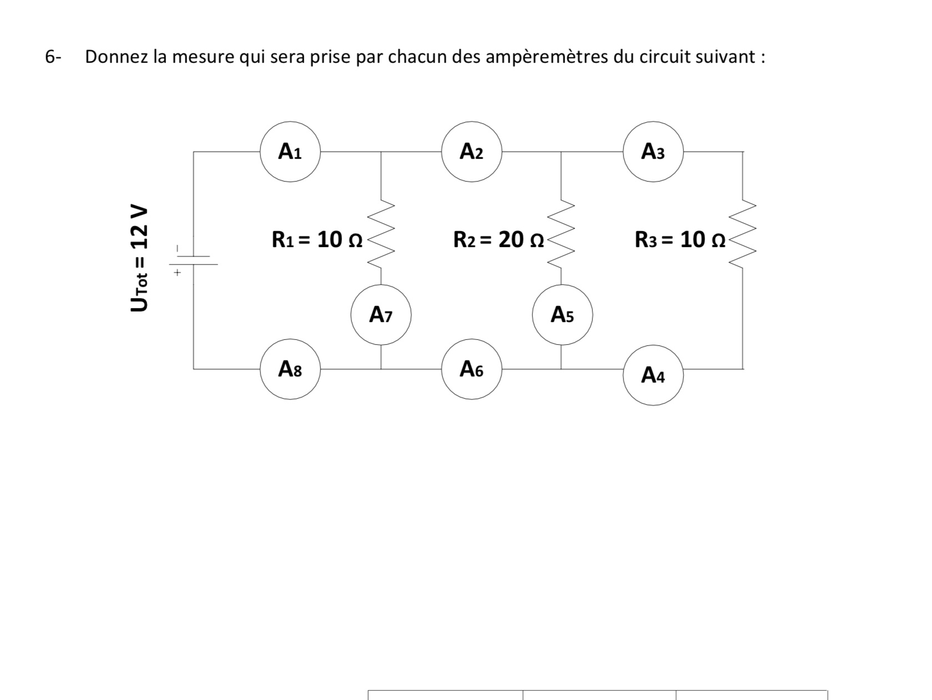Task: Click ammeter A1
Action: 290,152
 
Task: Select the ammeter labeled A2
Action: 471,152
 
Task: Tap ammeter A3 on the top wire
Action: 653,152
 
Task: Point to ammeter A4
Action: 653,375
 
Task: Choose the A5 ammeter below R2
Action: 562,315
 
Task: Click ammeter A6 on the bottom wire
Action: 471,369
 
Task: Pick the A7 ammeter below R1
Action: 381,315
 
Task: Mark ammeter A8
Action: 290,369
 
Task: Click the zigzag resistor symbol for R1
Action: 381,235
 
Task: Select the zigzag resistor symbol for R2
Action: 562,235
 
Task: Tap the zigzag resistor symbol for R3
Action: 743,235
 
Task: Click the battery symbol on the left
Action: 193,260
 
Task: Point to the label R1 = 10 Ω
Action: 317,240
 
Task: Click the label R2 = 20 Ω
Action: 498,240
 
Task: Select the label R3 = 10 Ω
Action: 680,240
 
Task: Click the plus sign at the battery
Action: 177,273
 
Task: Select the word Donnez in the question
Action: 117,57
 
